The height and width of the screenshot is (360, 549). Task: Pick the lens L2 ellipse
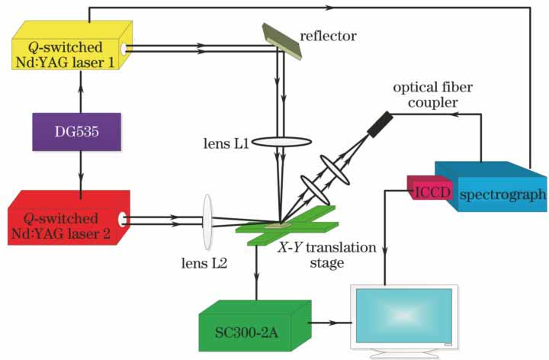(207, 222)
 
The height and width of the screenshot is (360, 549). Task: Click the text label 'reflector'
(329, 35)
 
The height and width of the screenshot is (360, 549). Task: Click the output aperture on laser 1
(124, 49)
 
